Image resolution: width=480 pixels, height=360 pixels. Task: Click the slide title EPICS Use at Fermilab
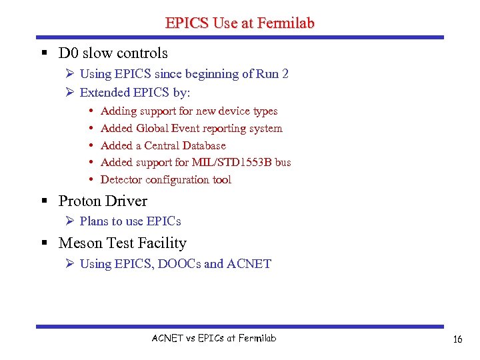(x=240, y=23)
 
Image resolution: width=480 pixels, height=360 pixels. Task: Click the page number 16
(x=457, y=339)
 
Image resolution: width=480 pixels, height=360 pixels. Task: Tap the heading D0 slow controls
(x=113, y=53)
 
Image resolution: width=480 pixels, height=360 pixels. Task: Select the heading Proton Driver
(x=103, y=201)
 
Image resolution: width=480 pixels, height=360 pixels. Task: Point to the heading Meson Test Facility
(x=123, y=243)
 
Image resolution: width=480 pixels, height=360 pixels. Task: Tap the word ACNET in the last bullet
(x=249, y=264)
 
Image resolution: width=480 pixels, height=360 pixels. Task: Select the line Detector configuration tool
(x=166, y=179)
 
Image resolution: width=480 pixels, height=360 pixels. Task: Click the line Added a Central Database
(x=163, y=145)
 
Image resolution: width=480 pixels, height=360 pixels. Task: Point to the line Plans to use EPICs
(x=131, y=221)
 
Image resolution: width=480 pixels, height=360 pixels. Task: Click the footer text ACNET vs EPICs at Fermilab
(x=214, y=338)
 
